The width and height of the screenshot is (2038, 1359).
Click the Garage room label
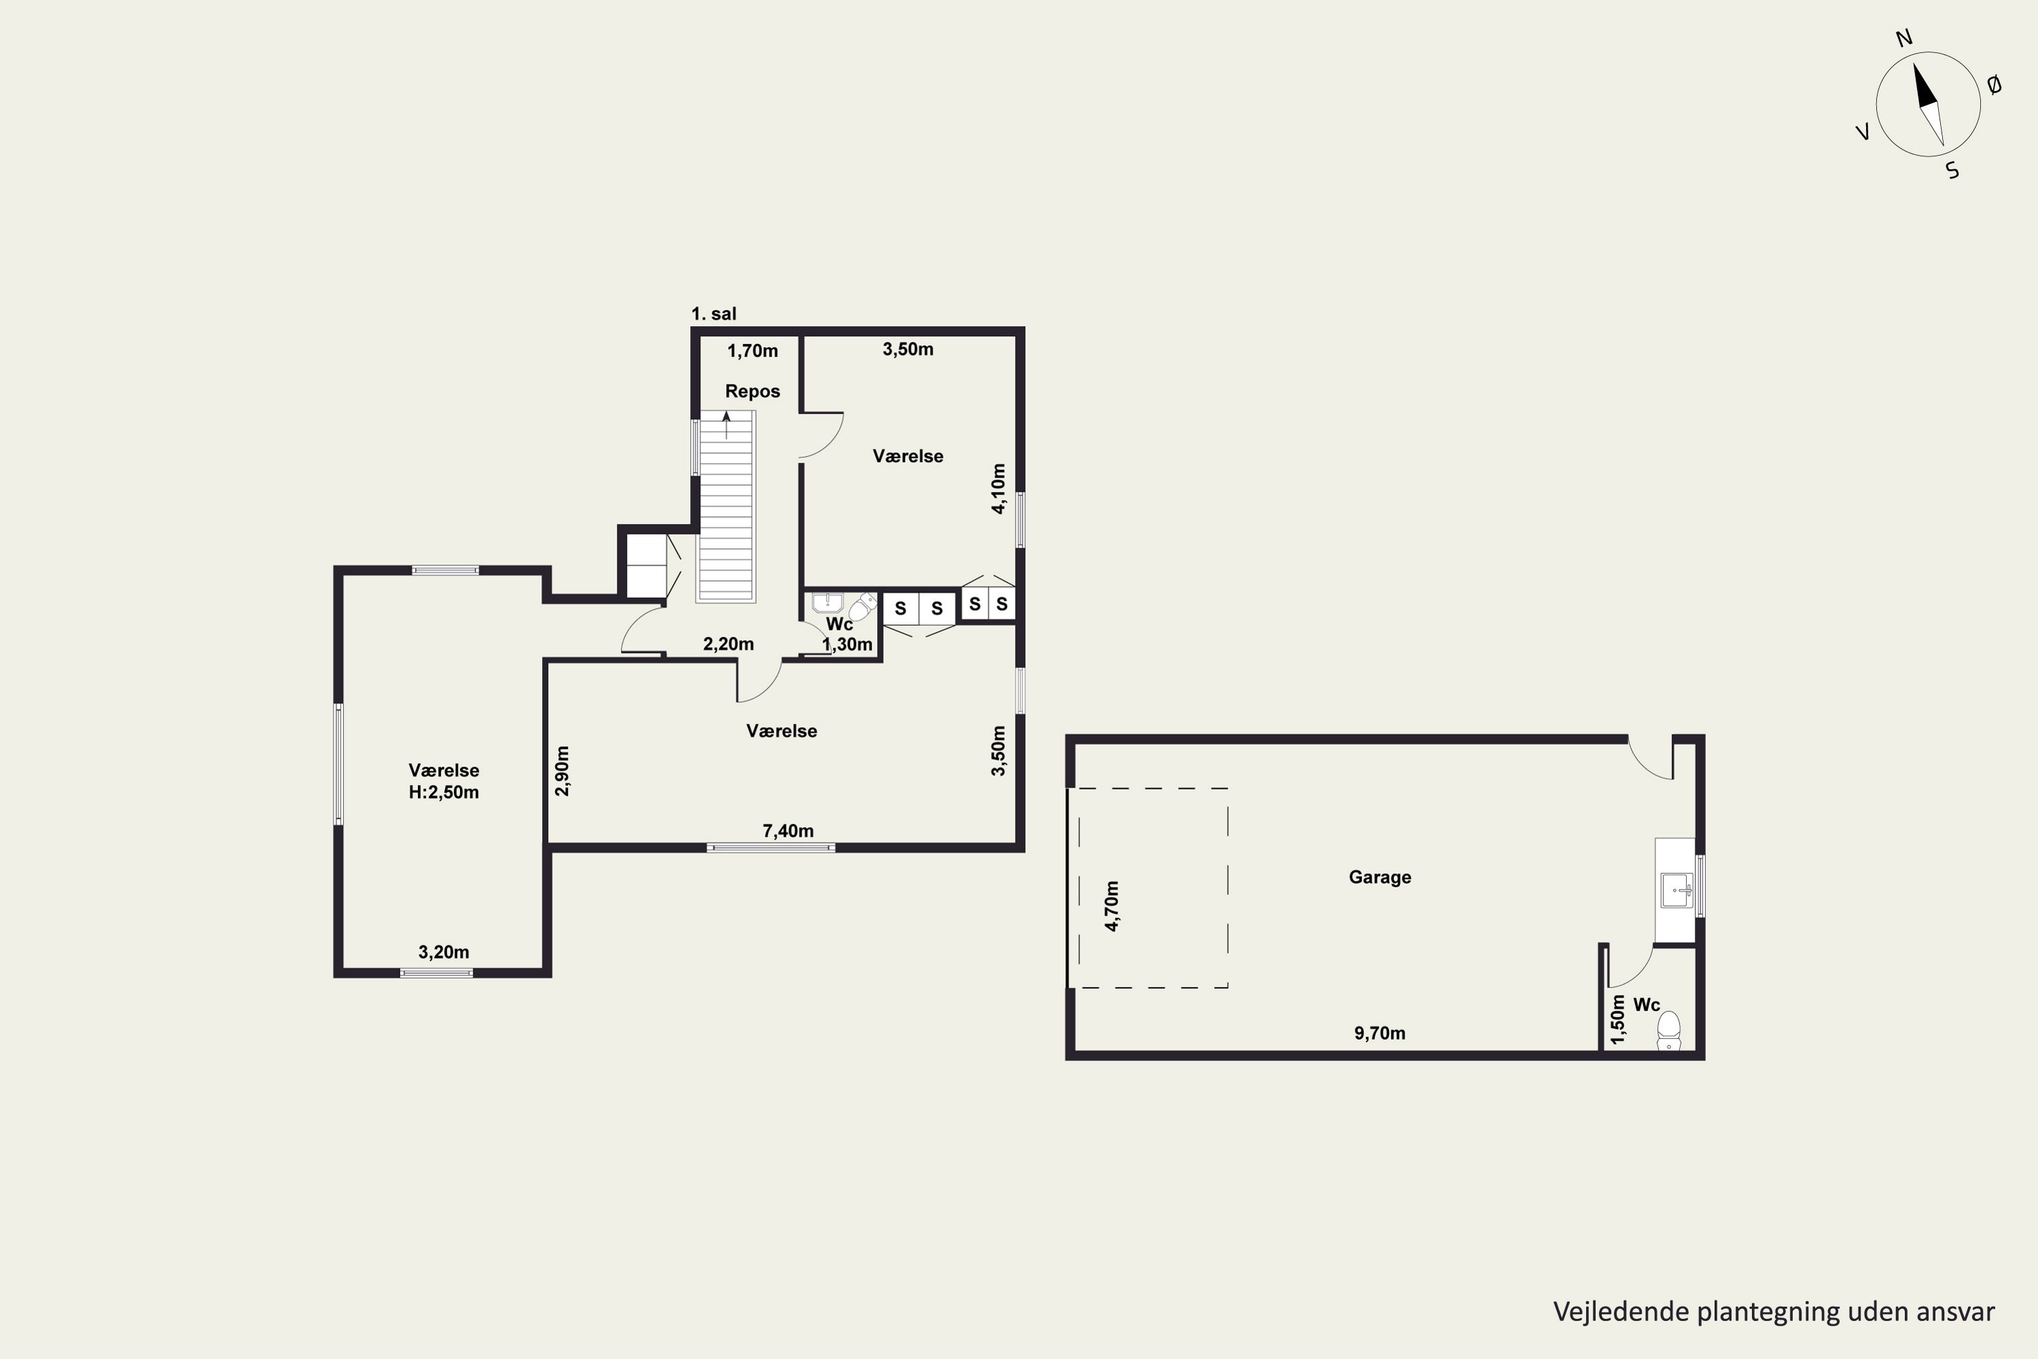click(1380, 877)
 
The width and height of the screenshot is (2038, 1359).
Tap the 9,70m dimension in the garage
click(1380, 1033)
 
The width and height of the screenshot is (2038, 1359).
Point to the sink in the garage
click(1677, 891)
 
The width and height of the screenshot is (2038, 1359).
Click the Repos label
click(752, 391)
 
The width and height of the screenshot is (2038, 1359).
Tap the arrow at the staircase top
click(726, 425)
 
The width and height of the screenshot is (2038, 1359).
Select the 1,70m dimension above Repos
click(752, 351)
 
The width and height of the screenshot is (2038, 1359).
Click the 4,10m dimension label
click(998, 489)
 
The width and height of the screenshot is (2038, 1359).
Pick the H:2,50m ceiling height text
click(444, 792)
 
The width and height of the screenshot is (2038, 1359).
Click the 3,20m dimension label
click(444, 953)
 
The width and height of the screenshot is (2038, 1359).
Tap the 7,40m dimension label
click(787, 831)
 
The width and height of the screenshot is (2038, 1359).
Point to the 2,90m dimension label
click(562, 771)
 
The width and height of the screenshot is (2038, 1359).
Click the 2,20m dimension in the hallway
click(728, 644)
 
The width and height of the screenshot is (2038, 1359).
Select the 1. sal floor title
click(714, 314)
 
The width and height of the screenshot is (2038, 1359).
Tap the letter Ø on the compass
click(1994, 85)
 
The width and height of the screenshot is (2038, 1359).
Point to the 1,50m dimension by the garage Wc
click(1617, 1019)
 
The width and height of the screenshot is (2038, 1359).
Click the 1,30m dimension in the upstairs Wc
click(847, 645)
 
